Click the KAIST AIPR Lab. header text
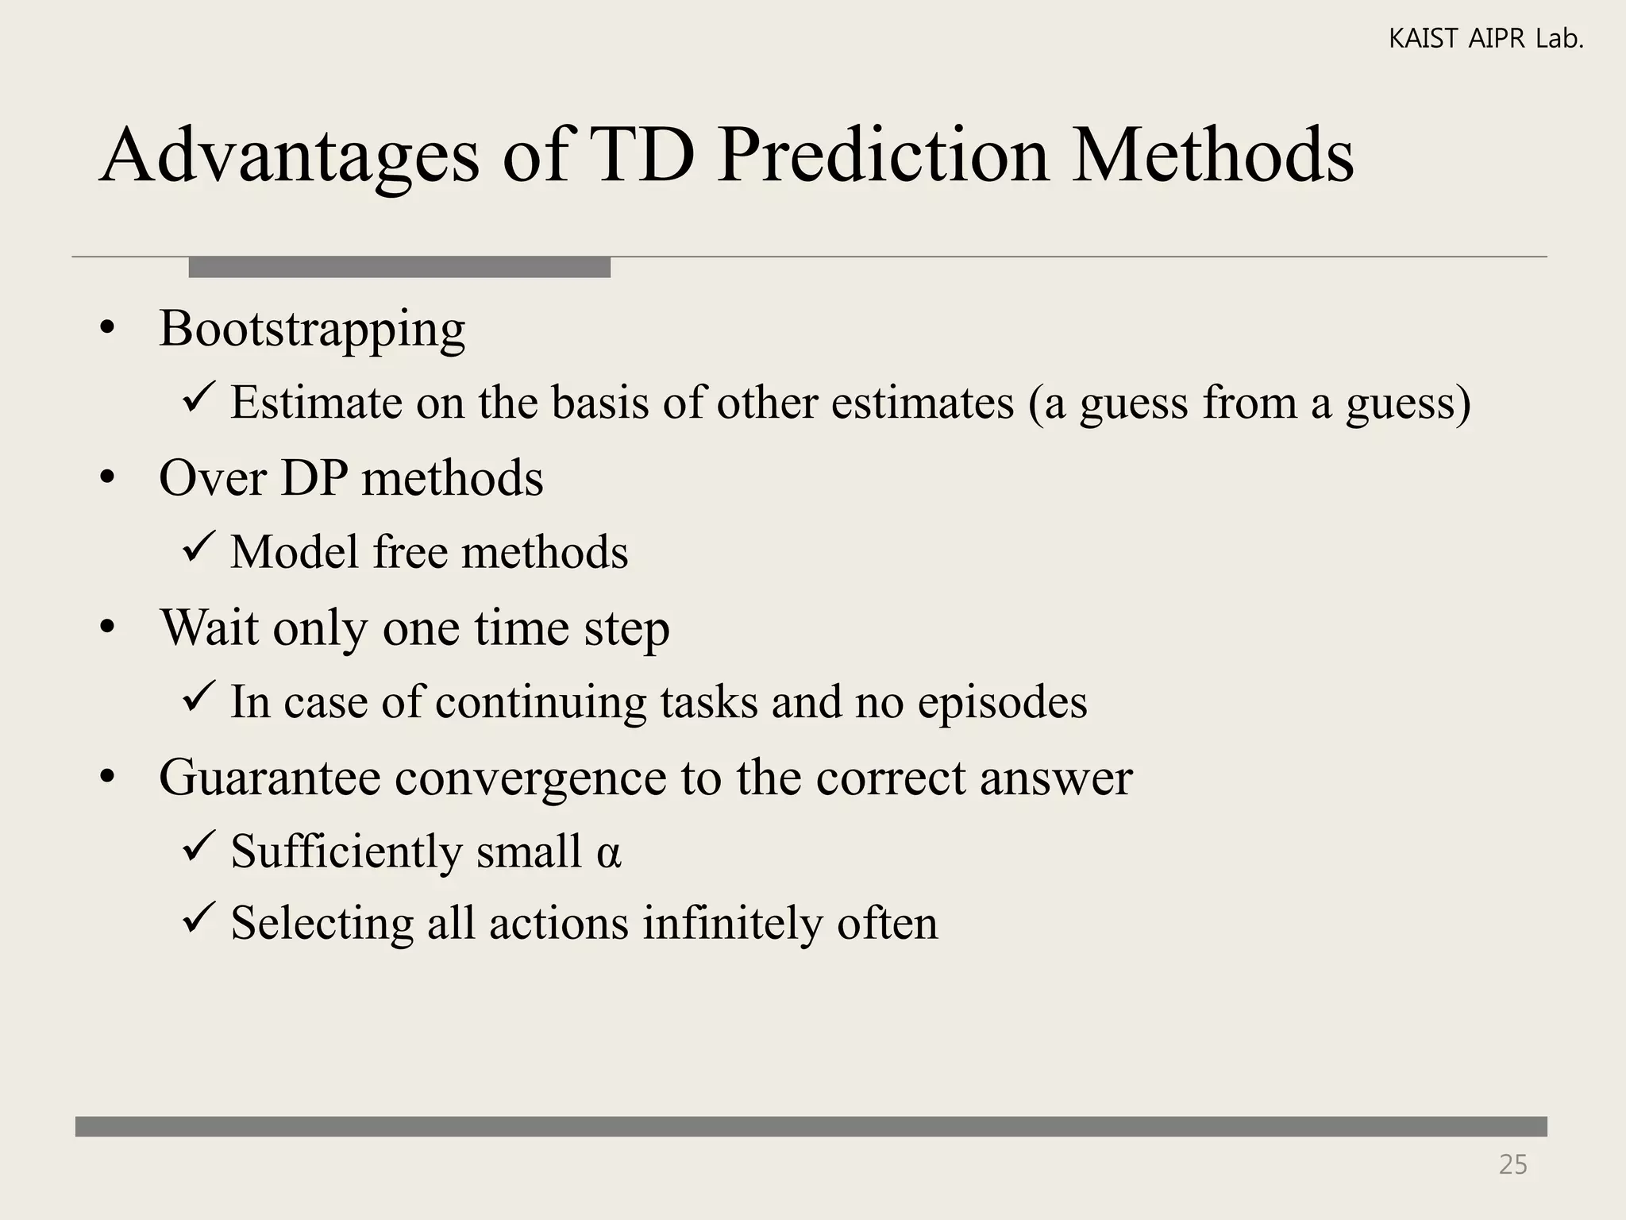click(1485, 39)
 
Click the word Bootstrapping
click(312, 330)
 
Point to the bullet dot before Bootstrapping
click(108, 330)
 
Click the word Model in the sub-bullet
click(295, 552)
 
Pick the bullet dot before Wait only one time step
click(108, 629)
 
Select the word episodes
click(1002, 703)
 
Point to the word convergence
click(530, 778)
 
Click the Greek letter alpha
click(608, 852)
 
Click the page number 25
click(1512, 1164)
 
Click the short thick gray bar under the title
click(399, 267)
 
